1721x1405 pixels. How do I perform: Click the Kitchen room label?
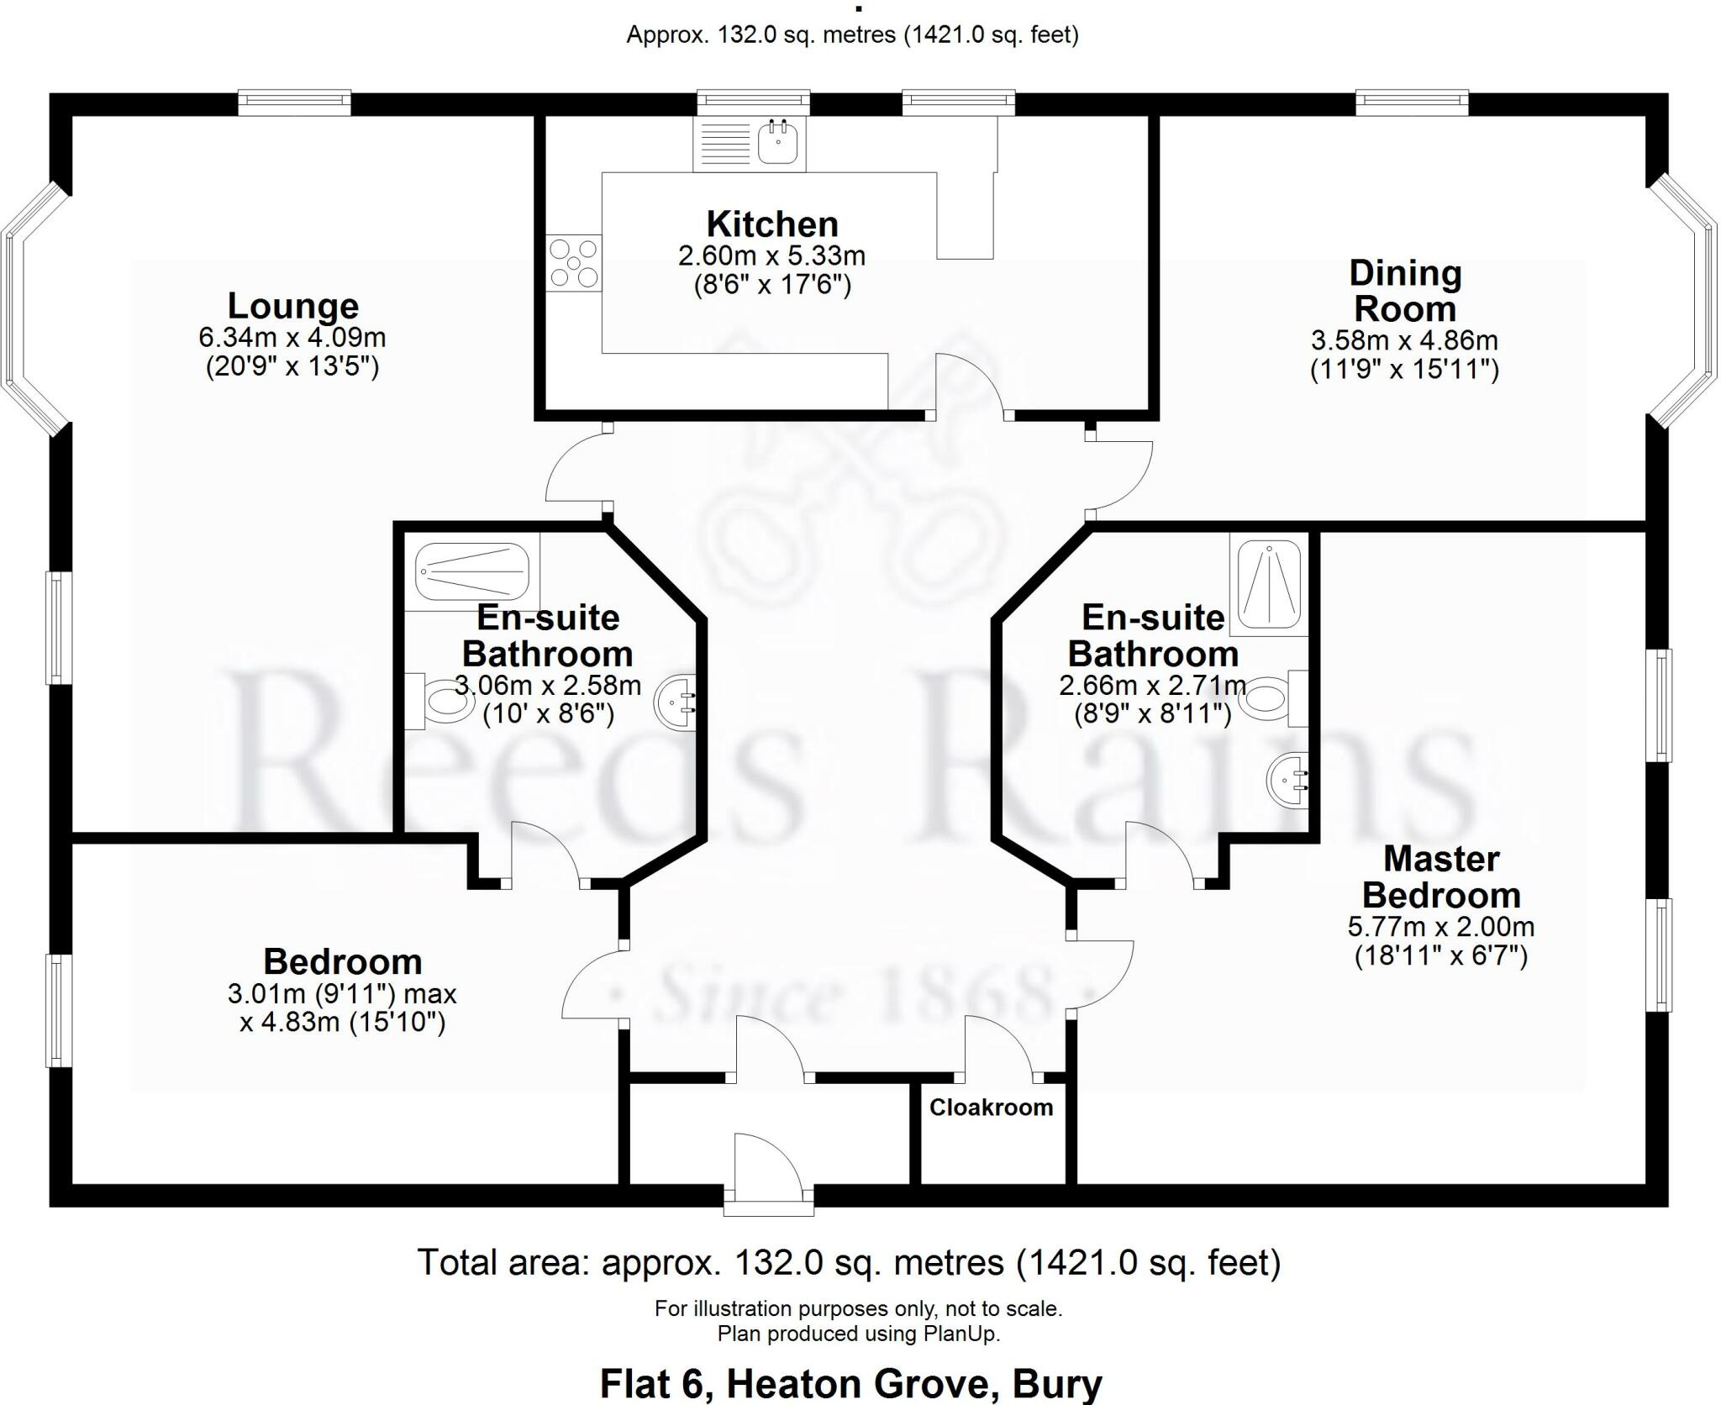pos(771,224)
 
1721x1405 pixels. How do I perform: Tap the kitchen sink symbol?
pos(777,142)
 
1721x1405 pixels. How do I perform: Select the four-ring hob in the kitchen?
pos(573,263)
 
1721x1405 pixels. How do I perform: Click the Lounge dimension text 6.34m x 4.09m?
pos(292,338)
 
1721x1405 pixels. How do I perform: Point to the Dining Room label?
pos(1405,291)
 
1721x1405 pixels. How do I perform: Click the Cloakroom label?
pos(991,1108)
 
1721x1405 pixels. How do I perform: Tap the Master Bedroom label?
pos(1440,877)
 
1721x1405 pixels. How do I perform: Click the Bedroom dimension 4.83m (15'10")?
pos(342,1023)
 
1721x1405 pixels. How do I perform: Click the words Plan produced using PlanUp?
pos(858,1334)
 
